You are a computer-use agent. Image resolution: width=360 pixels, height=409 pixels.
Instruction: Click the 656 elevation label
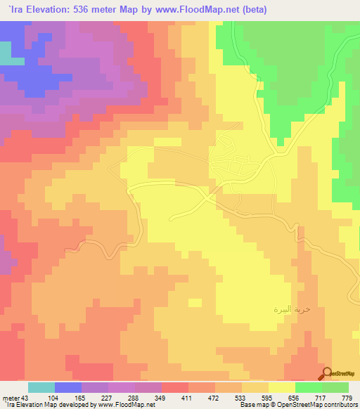click(295, 398)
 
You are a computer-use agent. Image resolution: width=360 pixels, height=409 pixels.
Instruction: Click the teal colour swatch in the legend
click(41, 387)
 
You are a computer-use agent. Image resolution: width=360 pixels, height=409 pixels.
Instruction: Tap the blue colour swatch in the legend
click(68, 387)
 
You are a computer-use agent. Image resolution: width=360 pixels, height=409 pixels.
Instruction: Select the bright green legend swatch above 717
click(309, 387)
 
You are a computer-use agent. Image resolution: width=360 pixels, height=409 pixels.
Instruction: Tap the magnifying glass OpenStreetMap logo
click(328, 373)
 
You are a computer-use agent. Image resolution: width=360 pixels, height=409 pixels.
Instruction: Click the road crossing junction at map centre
click(210, 200)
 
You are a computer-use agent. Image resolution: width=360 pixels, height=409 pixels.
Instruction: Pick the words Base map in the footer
click(251, 405)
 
